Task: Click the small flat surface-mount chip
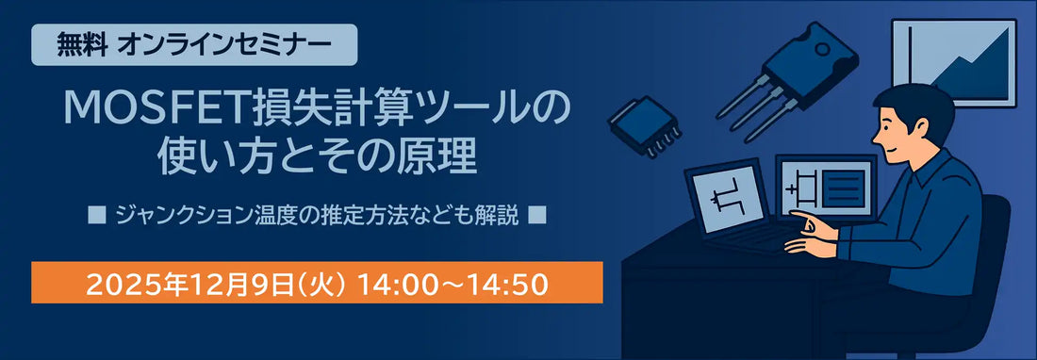click(644, 124)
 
